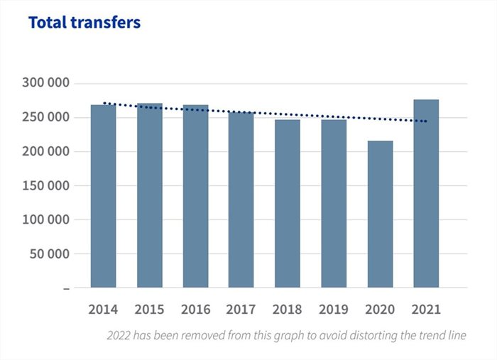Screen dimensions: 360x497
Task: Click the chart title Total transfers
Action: [x=84, y=23]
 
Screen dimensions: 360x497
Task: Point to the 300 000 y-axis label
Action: [x=45, y=83]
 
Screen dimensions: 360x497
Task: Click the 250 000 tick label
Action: [x=45, y=117]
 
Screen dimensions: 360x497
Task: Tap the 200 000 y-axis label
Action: [x=45, y=151]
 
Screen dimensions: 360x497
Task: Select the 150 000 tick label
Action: [x=45, y=185]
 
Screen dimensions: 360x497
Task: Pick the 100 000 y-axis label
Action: [x=45, y=219]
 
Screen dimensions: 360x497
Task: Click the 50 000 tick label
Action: [x=50, y=253]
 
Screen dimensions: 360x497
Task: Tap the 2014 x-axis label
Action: [x=104, y=310]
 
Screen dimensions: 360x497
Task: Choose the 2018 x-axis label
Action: [x=288, y=310]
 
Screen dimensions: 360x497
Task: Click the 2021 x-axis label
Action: [x=426, y=310]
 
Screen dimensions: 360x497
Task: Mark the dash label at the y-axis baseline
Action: [x=67, y=288]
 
